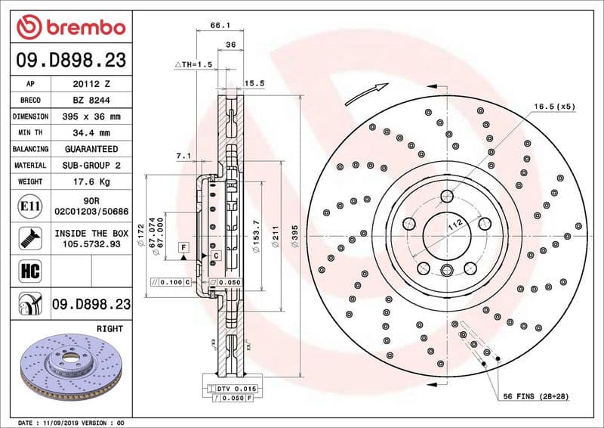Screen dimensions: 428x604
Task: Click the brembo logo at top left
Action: pyautogui.click(x=70, y=28)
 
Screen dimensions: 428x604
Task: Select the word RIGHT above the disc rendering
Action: pyautogui.click(x=109, y=329)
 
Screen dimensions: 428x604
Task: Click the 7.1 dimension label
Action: pyautogui.click(x=183, y=156)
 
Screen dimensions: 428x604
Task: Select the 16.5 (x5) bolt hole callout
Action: pyautogui.click(x=554, y=107)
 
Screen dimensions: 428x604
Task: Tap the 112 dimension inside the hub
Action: pyautogui.click(x=455, y=225)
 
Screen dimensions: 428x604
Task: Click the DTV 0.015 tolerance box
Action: pyautogui.click(x=236, y=388)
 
